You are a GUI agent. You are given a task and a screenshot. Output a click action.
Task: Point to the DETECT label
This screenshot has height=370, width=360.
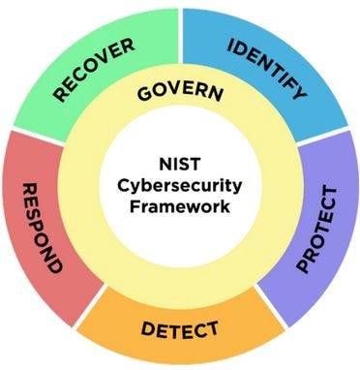click(x=180, y=328)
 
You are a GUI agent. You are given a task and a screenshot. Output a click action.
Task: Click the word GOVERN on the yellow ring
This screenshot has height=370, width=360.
click(x=180, y=94)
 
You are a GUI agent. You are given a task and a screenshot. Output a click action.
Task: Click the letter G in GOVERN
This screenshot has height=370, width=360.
click(x=143, y=96)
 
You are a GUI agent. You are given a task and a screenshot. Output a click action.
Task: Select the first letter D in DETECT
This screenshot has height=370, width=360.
click(x=147, y=329)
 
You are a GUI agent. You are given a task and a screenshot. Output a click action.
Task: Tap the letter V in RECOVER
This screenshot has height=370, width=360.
click(x=105, y=59)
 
